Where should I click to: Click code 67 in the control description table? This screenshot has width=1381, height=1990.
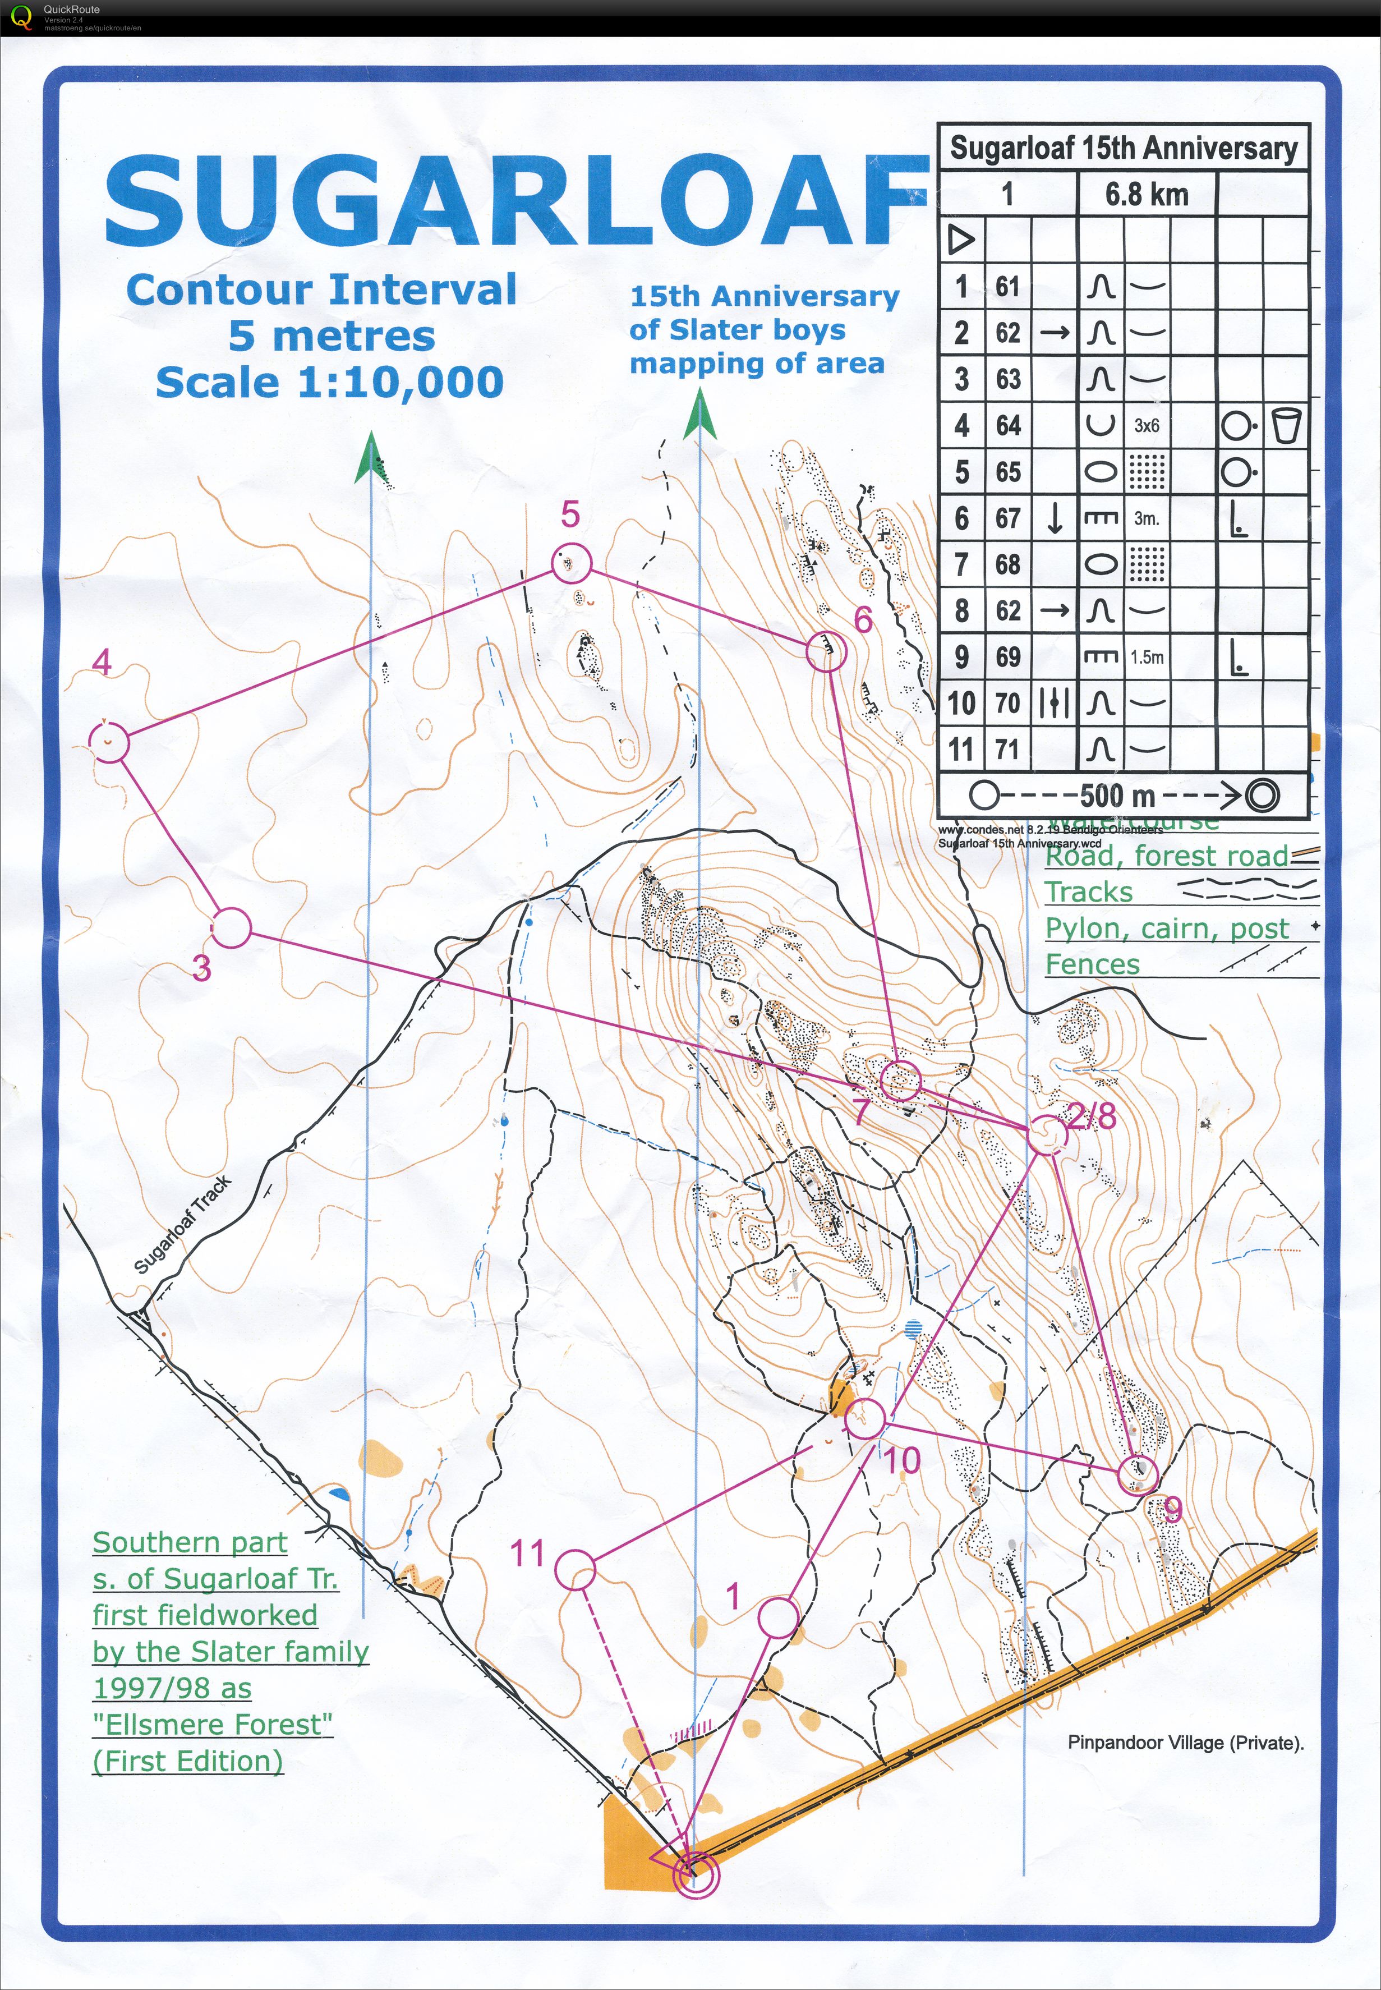click(1007, 518)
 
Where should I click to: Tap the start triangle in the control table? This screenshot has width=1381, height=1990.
click(961, 239)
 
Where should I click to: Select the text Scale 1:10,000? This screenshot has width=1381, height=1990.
click(330, 382)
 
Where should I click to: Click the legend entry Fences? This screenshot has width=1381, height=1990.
click(1092, 964)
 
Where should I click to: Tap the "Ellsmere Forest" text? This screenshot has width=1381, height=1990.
click(212, 1725)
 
